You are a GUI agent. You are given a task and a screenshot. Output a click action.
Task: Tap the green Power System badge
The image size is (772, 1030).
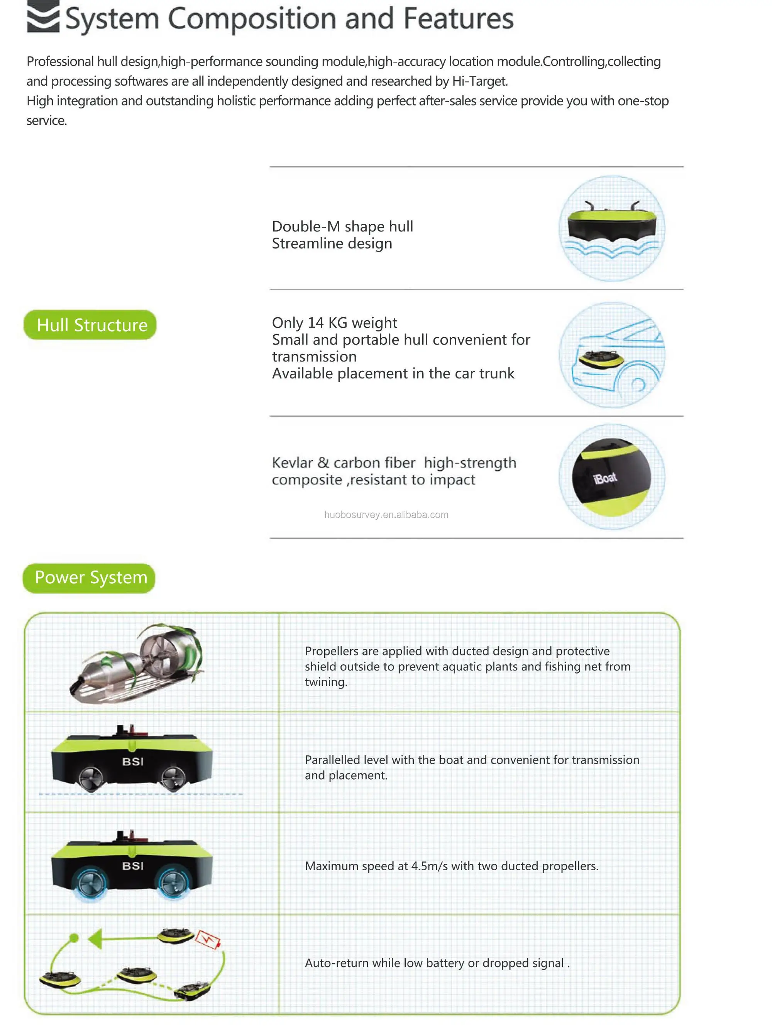tap(89, 578)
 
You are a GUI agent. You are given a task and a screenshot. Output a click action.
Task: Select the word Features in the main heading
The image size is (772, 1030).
tap(458, 19)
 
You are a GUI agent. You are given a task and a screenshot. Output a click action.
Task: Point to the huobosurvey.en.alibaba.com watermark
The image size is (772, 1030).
tap(386, 515)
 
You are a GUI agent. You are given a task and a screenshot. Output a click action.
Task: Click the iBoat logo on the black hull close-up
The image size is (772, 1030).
tap(605, 478)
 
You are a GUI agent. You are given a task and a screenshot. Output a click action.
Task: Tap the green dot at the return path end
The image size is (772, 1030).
tap(74, 938)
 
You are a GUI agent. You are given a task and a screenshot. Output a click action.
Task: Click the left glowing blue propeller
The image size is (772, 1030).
tap(91, 881)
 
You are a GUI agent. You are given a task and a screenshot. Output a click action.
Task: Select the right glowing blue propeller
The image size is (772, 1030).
tap(174, 881)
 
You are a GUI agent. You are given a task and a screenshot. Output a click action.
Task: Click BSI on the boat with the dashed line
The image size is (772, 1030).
tap(133, 762)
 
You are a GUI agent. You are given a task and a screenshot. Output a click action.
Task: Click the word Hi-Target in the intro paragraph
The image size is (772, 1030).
tap(479, 81)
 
